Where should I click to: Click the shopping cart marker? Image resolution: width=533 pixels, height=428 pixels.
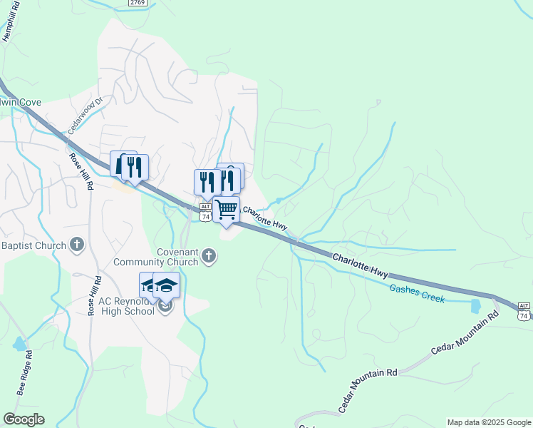226,210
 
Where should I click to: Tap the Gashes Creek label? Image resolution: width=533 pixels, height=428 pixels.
417,293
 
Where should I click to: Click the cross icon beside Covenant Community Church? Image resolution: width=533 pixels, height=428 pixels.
209,255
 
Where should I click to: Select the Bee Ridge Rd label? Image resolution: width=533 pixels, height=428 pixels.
26,377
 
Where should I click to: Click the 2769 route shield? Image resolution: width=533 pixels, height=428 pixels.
138,4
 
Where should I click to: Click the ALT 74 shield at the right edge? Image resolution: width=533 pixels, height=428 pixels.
524,310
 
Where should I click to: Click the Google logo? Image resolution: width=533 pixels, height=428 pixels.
24,419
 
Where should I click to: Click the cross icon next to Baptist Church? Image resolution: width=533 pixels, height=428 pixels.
78,245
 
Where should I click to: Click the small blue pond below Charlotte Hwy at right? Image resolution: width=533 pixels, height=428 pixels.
475,306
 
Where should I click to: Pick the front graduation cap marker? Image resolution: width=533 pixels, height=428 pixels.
167,286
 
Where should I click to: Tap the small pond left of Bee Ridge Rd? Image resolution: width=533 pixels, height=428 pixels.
19,345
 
